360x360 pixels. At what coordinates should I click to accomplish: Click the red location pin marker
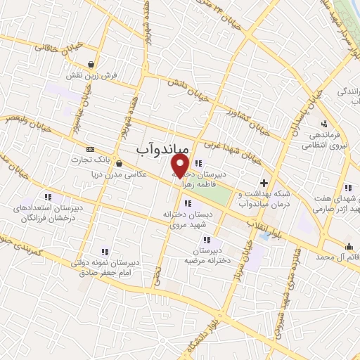pyautogui.click(x=180, y=166)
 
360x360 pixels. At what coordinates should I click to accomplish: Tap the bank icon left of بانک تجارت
pyautogui.click(x=90, y=149)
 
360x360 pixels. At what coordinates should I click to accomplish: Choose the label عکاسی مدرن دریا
pyautogui.click(x=143, y=164)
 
